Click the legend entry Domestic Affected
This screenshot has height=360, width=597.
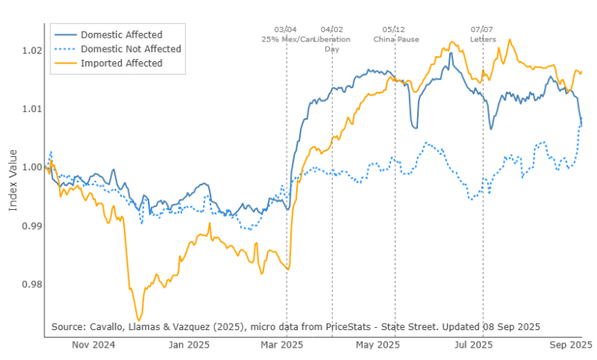pos(121,34)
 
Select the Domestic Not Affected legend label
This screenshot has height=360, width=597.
pos(130,49)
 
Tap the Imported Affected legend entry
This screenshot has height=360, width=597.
pos(121,63)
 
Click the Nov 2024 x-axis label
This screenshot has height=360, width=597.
pos(94,345)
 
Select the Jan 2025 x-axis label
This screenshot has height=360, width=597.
pos(191,345)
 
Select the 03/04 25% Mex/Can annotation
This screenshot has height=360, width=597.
pos(288,34)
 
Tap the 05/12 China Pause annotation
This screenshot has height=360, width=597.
pos(396,34)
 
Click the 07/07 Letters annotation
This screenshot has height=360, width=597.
pos(483,34)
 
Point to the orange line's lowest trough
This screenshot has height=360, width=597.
pos(139,319)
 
